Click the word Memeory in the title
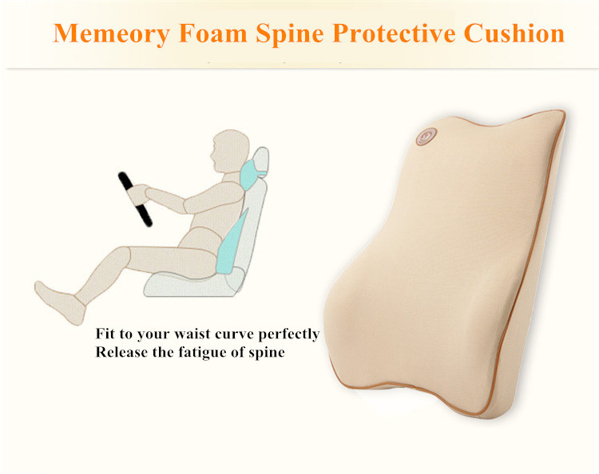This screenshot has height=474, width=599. point(111,34)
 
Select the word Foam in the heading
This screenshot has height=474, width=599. point(212,34)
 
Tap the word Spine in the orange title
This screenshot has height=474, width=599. point(290,34)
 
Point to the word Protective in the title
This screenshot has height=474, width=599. point(394,34)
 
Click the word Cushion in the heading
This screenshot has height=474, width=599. point(514,34)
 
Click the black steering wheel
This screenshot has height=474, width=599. point(135,199)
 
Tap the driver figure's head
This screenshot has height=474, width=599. point(229,152)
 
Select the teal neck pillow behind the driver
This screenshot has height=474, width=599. point(251,175)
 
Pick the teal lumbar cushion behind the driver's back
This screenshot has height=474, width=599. point(232,243)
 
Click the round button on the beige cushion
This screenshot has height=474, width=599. point(426,136)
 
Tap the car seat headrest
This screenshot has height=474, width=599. point(260,161)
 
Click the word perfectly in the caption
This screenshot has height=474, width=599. point(289,335)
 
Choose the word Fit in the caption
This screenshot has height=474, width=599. point(105,334)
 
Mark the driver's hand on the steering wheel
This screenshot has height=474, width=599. point(138,195)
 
